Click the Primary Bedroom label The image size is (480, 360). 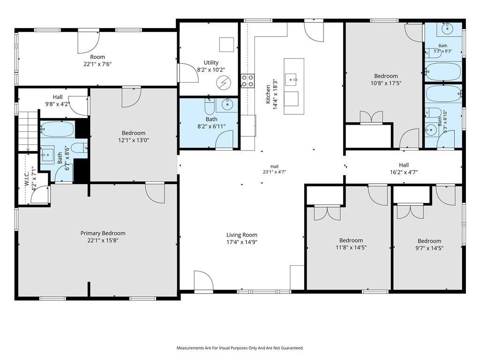click(x=103, y=233)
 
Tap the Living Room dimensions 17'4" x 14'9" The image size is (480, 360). click(x=241, y=242)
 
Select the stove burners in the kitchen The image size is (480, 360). click(x=247, y=81)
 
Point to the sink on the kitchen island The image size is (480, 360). click(x=291, y=79)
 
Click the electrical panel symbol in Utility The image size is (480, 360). click(x=224, y=82)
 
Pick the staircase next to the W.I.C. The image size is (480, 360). click(x=28, y=131)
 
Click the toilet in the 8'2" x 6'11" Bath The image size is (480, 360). click(x=210, y=106)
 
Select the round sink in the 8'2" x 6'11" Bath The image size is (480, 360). click(x=227, y=105)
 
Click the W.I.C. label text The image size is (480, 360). click(x=27, y=179)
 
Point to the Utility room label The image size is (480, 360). click(x=211, y=62)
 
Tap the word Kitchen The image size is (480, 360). click(x=268, y=94)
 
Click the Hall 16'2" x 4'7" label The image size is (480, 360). click(x=404, y=169)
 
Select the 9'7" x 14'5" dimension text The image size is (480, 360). click(x=429, y=248)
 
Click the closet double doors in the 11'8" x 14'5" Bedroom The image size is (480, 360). click(x=327, y=214)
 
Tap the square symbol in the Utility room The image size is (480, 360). click(x=226, y=45)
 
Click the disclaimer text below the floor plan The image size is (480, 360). click(x=240, y=348)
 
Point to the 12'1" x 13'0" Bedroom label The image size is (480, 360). click(x=134, y=136)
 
